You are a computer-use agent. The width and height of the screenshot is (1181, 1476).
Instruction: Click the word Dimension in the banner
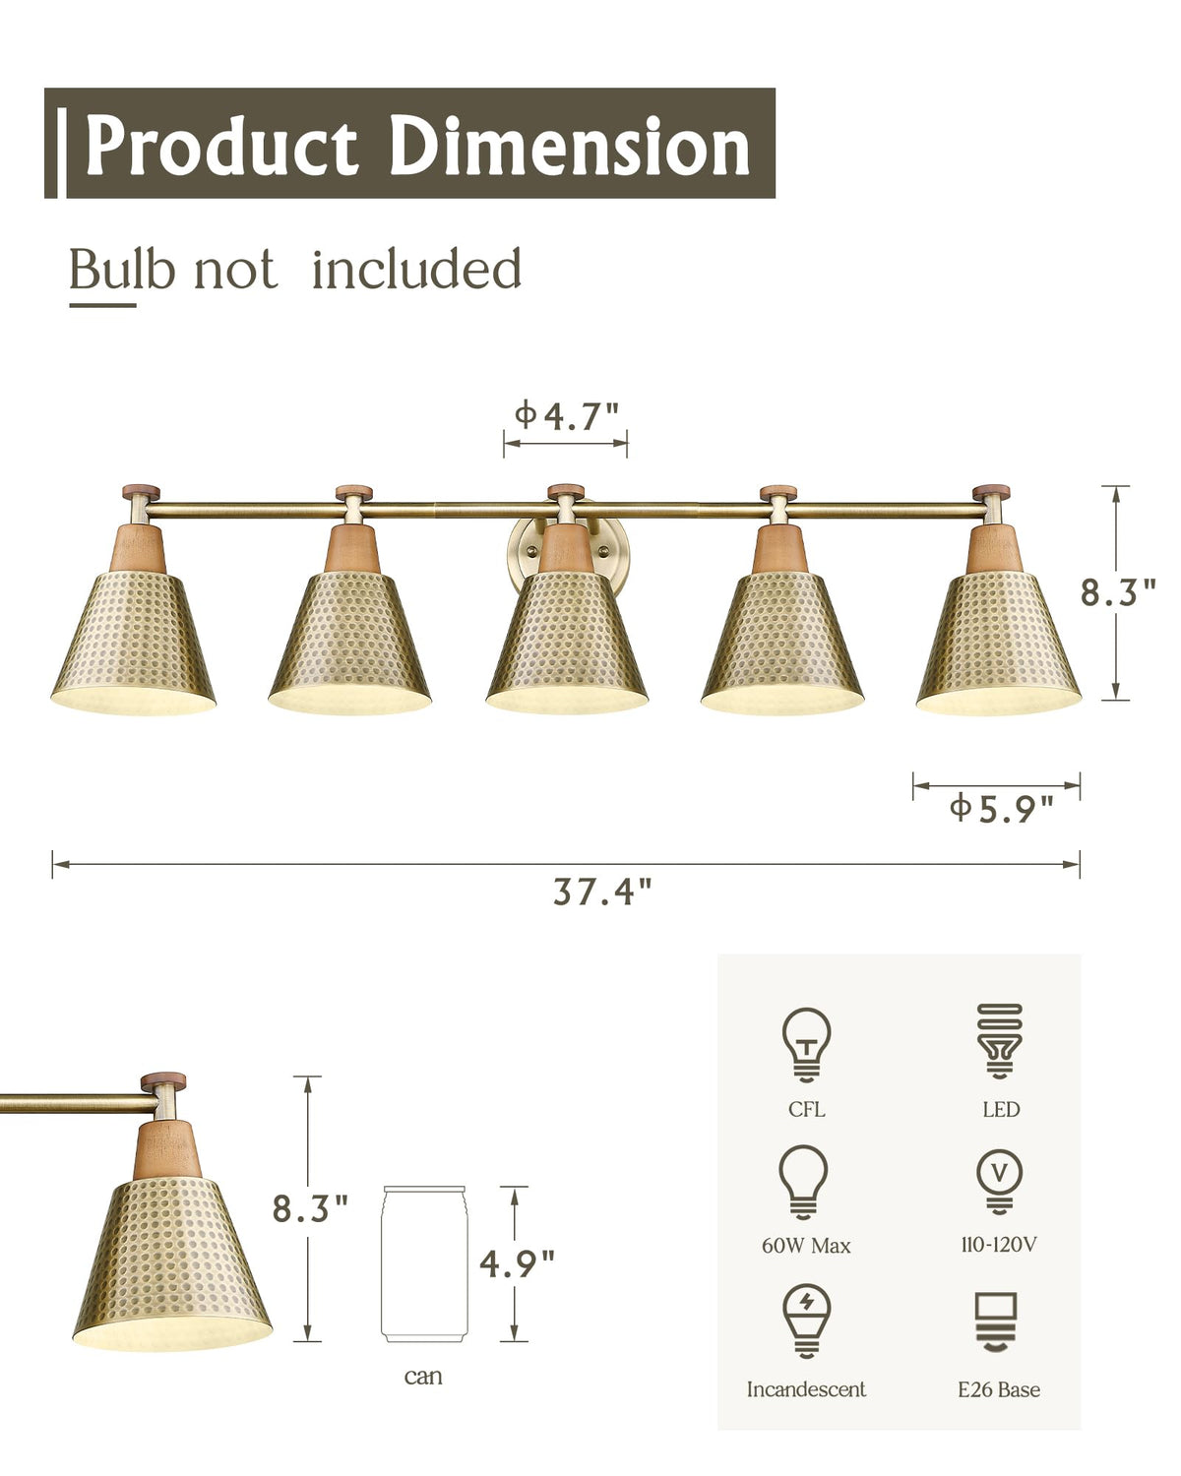click(x=570, y=146)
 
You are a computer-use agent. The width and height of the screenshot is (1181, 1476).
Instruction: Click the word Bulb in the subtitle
click(x=122, y=270)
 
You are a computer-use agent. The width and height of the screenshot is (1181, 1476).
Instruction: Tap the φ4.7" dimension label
click(x=566, y=416)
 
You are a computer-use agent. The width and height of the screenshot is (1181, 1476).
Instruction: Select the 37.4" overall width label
click(x=602, y=892)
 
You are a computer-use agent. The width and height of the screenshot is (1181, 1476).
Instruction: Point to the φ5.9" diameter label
click(x=1001, y=809)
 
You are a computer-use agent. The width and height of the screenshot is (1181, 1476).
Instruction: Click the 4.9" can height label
click(x=517, y=1263)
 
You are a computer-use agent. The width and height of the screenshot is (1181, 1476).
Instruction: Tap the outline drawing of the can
click(x=424, y=1264)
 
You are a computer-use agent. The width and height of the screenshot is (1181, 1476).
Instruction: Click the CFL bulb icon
click(x=806, y=1045)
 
